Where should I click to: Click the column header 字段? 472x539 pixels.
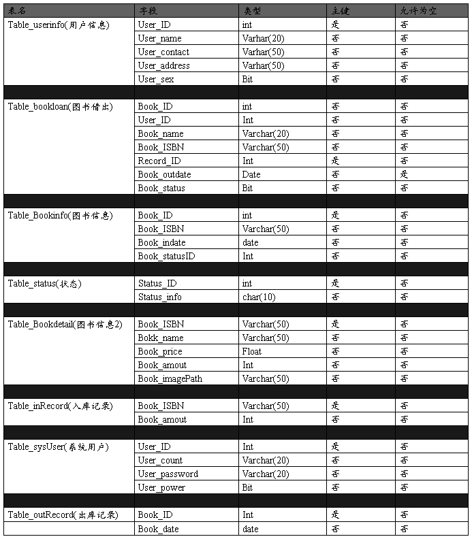(149, 12)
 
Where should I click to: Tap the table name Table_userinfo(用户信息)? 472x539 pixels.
(59, 25)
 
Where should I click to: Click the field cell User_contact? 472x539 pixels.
(163, 52)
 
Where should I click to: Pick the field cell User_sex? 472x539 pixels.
(156, 80)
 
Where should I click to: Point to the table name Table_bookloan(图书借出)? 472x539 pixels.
(60, 107)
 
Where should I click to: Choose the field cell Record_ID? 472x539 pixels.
(159, 161)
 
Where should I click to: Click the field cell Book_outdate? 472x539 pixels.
(164, 175)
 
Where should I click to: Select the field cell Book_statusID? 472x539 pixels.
(166, 257)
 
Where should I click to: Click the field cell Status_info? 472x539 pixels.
(159, 297)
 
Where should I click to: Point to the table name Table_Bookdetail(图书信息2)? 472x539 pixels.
(65, 325)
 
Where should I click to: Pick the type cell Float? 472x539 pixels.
(252, 352)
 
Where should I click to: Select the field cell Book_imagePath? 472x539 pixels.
(170, 379)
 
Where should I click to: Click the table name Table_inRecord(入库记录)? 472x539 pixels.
(60, 406)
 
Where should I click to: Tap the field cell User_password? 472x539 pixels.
(168, 474)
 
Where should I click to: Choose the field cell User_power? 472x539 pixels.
(161, 488)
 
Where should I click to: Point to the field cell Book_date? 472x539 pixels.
(158, 529)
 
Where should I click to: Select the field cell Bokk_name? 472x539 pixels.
(161, 338)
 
